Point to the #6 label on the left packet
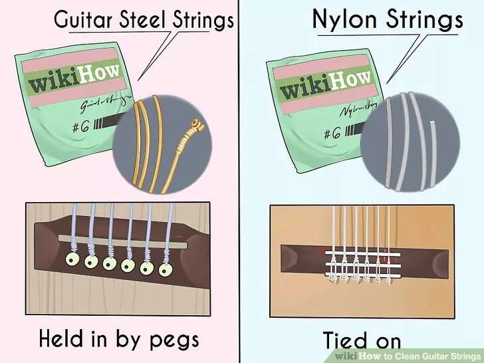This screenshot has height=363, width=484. pos(72,124)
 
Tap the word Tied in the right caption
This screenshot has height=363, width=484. pos(346,339)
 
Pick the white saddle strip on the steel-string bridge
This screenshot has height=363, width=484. pos(113,239)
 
